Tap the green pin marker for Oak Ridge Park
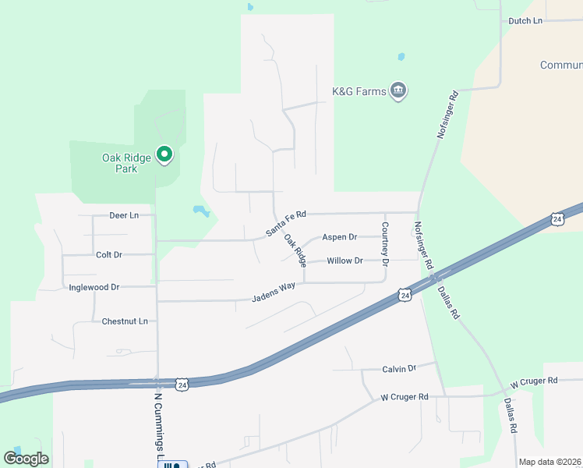click(164, 155)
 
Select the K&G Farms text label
click(359, 92)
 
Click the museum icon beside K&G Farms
click(399, 91)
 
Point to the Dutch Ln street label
click(525, 21)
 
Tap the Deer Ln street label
click(124, 215)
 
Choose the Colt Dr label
click(109, 255)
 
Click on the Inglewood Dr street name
click(94, 287)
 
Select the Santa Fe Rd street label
click(286, 224)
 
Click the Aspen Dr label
click(340, 237)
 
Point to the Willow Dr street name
click(344, 261)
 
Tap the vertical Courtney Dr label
click(384, 241)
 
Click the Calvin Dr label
click(400, 368)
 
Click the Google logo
click(26, 458)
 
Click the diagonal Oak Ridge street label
click(295, 251)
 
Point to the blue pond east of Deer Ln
click(201, 211)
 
